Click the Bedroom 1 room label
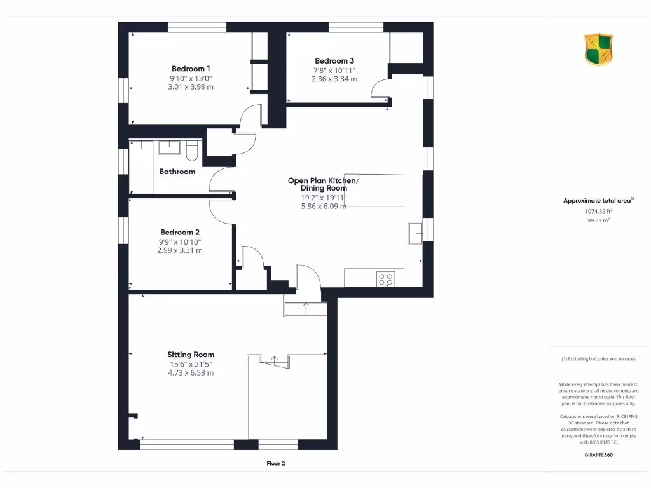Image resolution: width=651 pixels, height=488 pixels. (191, 69)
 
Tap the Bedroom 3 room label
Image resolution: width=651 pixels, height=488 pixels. (334, 61)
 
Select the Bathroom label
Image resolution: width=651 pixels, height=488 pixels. (177, 172)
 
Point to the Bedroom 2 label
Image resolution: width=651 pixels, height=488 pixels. (180, 232)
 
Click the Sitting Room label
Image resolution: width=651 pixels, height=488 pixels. (191, 355)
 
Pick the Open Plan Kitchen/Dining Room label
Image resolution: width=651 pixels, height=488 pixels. (323, 184)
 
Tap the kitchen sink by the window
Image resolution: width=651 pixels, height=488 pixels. (416, 233)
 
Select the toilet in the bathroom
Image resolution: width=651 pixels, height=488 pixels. (193, 151)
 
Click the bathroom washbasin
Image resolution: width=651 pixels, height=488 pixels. (169, 147)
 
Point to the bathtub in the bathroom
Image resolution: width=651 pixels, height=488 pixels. (142, 167)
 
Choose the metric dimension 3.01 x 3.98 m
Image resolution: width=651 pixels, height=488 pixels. (191, 87)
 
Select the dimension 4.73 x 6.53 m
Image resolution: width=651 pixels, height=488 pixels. (191, 373)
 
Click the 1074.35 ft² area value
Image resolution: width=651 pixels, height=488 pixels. (598, 211)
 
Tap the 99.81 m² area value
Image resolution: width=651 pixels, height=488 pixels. (598, 220)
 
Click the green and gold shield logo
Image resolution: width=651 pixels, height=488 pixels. (598, 50)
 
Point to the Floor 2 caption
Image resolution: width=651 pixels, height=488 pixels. (276, 464)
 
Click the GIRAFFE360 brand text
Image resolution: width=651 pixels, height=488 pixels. (598, 455)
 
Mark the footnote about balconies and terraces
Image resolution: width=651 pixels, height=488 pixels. (598, 359)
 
